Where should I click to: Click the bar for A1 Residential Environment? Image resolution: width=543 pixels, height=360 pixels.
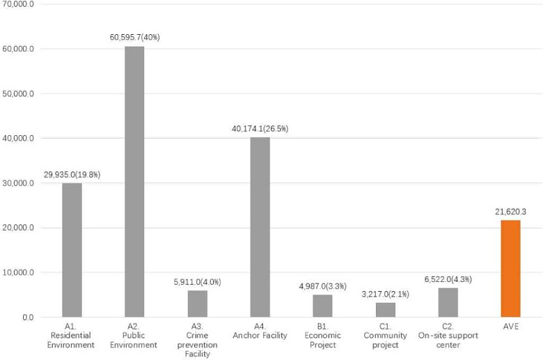click(x=72, y=250)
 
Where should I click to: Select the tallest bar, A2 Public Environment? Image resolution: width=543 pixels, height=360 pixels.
click(x=134, y=182)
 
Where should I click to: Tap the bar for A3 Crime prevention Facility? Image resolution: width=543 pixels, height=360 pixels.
click(x=197, y=304)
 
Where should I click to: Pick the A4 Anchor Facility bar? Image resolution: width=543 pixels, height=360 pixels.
click(x=260, y=227)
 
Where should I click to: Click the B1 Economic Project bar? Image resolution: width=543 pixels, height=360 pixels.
click(x=322, y=306)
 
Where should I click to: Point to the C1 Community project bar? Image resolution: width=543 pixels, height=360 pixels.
click(x=385, y=310)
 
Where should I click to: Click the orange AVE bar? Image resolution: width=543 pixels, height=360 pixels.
click(x=510, y=269)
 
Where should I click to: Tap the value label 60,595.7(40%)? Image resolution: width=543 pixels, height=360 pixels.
click(x=134, y=37)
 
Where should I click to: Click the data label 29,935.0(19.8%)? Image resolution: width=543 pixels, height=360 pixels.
click(x=72, y=174)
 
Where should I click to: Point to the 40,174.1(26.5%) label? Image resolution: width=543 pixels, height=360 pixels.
click(x=260, y=128)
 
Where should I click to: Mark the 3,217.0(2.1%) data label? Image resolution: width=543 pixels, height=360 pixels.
click(x=385, y=294)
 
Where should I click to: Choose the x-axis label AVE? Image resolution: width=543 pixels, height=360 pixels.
click(x=510, y=326)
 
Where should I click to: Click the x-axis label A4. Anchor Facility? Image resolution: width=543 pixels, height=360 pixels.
click(x=260, y=331)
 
